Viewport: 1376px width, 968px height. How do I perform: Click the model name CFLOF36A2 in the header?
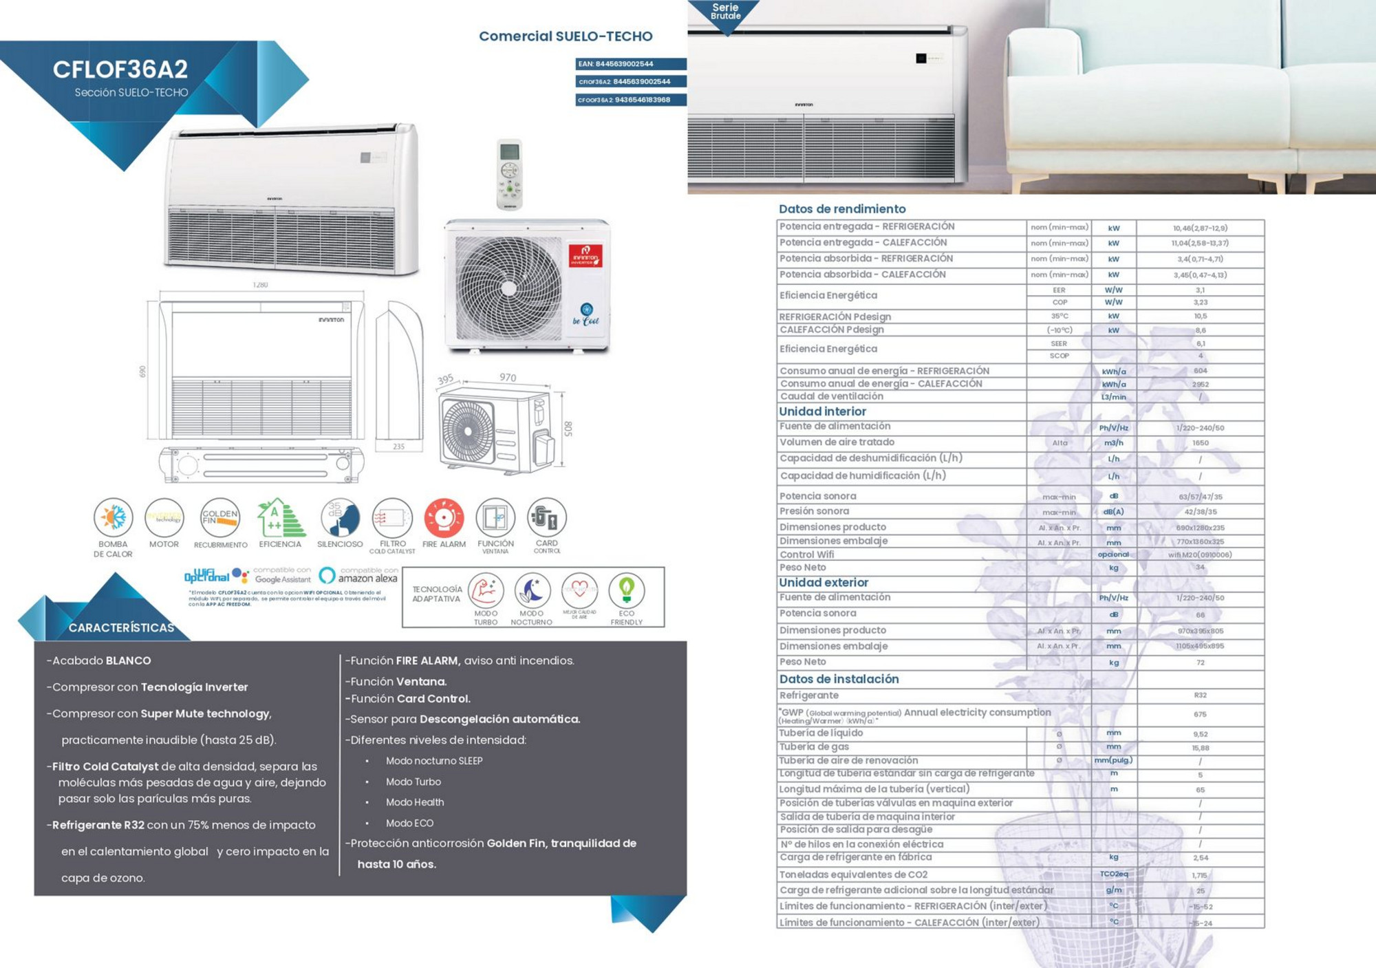tap(120, 69)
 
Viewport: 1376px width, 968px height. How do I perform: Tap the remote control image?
tap(509, 175)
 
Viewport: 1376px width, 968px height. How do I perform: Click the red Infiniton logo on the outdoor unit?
tap(585, 256)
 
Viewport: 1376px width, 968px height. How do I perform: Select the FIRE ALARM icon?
tap(444, 518)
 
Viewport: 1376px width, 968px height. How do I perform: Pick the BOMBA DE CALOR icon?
tap(113, 518)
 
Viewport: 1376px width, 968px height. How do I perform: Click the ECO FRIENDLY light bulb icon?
tap(626, 590)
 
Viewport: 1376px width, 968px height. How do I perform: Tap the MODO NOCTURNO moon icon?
tap(531, 590)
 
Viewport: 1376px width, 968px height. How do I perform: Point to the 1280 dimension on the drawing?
tap(260, 285)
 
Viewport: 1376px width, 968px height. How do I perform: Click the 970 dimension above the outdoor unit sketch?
tap(508, 378)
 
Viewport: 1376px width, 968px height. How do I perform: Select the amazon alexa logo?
tap(359, 576)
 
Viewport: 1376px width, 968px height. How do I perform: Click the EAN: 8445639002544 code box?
tap(630, 64)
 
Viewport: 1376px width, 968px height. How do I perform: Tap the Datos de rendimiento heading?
tap(842, 209)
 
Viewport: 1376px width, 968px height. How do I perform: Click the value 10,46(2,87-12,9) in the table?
tap(1200, 228)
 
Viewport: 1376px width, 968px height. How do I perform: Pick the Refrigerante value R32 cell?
tap(1200, 696)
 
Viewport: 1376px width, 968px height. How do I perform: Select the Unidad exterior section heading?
tap(824, 583)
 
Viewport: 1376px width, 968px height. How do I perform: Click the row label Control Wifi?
tap(806, 555)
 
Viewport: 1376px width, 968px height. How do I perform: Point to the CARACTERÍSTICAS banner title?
tap(121, 627)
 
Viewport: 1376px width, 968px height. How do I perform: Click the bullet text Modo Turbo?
tap(413, 782)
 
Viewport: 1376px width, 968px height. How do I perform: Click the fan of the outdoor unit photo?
tap(508, 288)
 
